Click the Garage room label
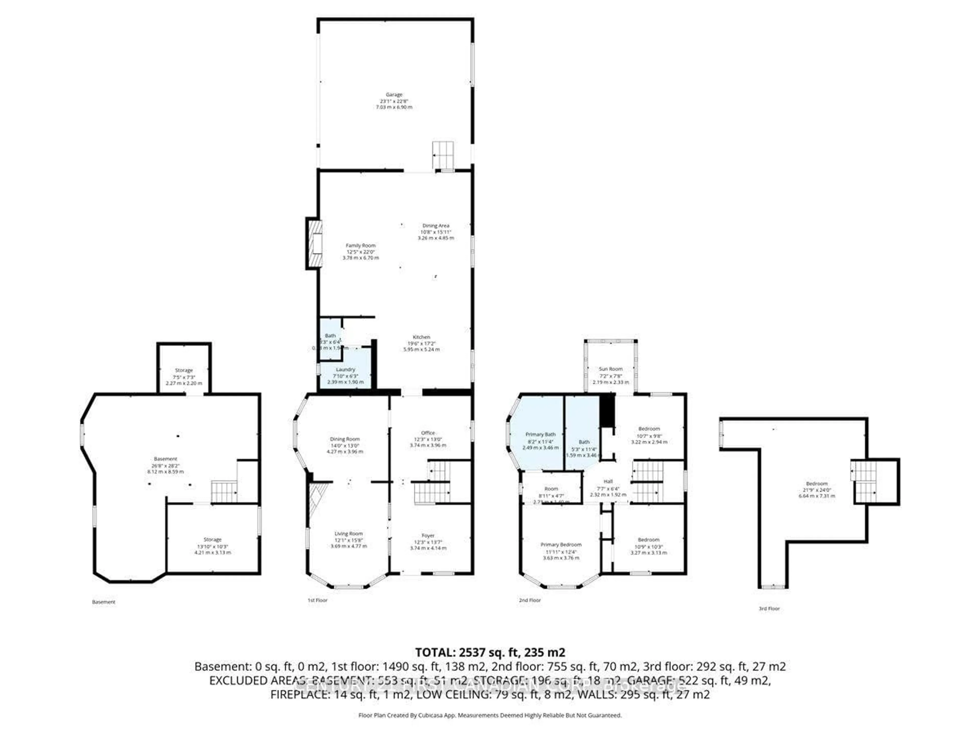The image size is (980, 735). click(394, 94)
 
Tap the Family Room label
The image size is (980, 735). click(361, 246)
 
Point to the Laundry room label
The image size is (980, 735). click(346, 370)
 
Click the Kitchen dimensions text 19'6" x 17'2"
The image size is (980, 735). click(421, 343)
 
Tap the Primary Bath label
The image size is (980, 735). click(541, 435)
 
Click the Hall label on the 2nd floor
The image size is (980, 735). click(608, 482)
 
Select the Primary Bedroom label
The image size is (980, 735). click(561, 545)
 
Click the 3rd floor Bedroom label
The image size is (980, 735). click(816, 484)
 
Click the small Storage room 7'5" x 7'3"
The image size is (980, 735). click(184, 370)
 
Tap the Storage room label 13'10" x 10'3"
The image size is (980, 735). click(212, 540)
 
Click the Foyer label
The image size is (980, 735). click(428, 536)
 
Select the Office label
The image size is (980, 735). click(428, 433)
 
